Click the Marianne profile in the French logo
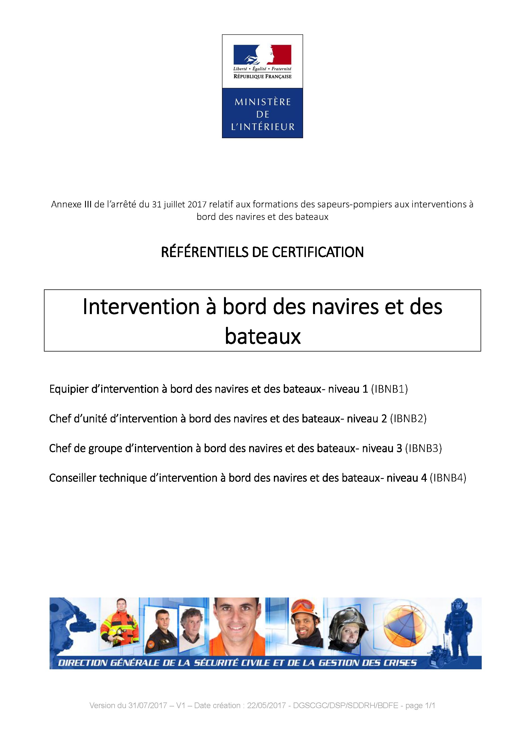click(x=266, y=54)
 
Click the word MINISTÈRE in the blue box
click(x=263, y=102)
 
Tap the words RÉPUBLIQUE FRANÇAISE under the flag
click(x=263, y=76)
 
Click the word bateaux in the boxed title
click(x=263, y=336)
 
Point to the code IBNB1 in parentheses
click(x=390, y=389)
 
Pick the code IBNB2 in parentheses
click(x=408, y=418)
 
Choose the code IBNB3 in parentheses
click(x=424, y=448)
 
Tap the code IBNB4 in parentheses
click(x=448, y=477)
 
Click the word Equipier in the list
click(x=69, y=389)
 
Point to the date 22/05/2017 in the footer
click(x=266, y=706)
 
